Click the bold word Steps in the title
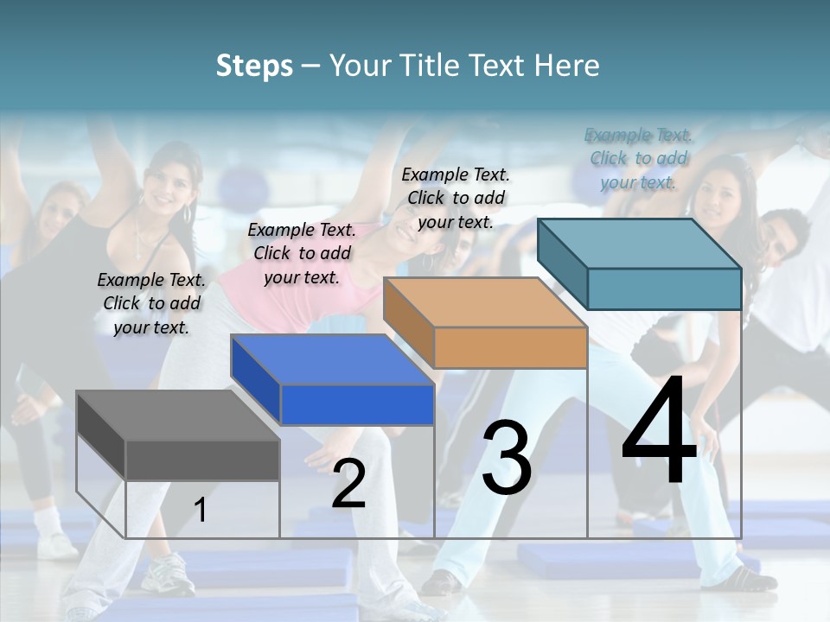pyautogui.click(x=254, y=66)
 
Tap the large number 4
pyautogui.click(x=659, y=432)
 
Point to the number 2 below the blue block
pyautogui.click(x=348, y=484)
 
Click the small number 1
pyautogui.click(x=200, y=511)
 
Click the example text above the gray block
pyautogui.click(x=151, y=303)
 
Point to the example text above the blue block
pyautogui.click(x=302, y=253)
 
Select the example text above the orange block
pyautogui.click(x=456, y=198)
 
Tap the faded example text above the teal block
pyautogui.click(x=638, y=158)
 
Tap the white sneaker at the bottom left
pyautogui.click(x=167, y=572)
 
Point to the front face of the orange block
pyautogui.click(x=510, y=348)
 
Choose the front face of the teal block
pyautogui.click(x=664, y=289)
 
